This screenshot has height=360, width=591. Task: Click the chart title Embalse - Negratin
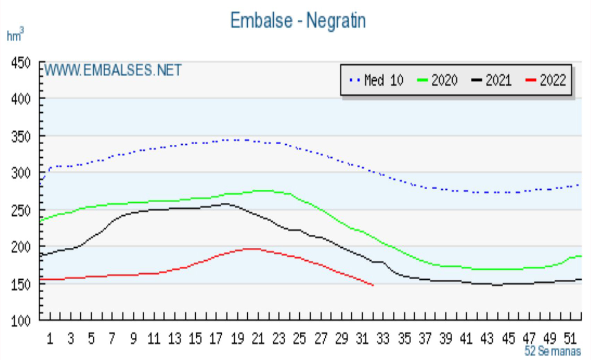pyautogui.click(x=298, y=20)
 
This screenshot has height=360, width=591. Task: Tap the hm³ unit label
pyautogui.click(x=15, y=35)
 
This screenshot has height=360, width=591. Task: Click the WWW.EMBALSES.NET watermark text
pyautogui.click(x=113, y=71)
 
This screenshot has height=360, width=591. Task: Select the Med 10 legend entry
pyautogui.click(x=376, y=80)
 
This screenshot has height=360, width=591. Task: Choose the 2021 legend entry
pyautogui.click(x=492, y=80)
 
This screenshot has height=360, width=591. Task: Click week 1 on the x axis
pyautogui.click(x=50, y=339)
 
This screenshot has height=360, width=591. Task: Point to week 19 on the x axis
pyautogui.click(x=237, y=339)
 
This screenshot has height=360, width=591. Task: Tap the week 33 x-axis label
pyautogui.click(x=383, y=339)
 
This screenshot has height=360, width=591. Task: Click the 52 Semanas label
pyautogui.click(x=552, y=351)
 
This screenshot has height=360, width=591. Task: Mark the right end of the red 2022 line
pyautogui.click(x=373, y=285)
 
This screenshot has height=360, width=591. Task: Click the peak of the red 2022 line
pyautogui.click(x=251, y=249)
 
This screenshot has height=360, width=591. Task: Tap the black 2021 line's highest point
pyautogui.click(x=225, y=203)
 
